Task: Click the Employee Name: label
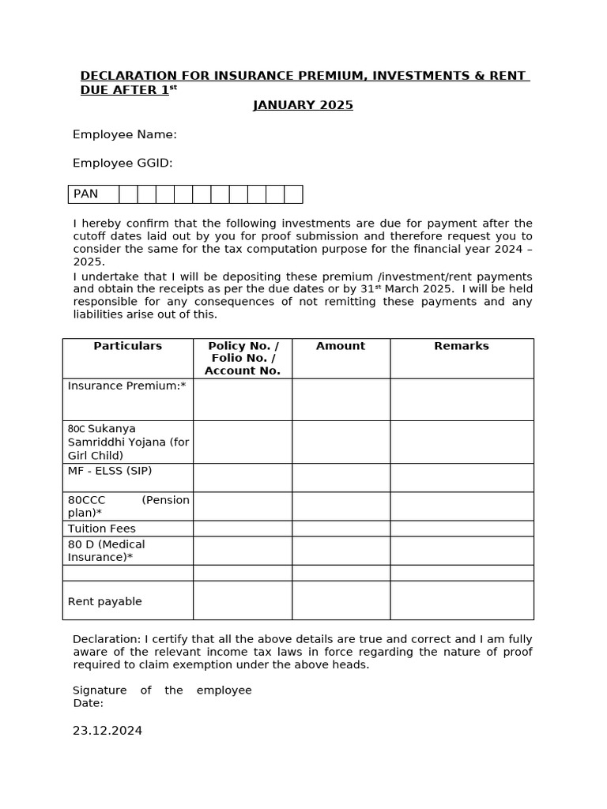coord(124,135)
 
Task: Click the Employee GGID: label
coord(123,164)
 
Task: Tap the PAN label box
coord(93,194)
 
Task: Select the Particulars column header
coord(127,346)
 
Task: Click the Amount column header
coord(341,346)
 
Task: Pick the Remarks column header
coord(462,346)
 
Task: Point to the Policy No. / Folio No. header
coord(243,358)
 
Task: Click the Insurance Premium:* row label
coord(126,386)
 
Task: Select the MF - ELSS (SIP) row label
coord(110,471)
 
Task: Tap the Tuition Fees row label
coord(102,529)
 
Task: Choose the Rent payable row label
coord(105,602)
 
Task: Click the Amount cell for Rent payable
coord(341,600)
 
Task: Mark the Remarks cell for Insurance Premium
coord(462,399)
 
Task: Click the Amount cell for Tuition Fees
coord(341,529)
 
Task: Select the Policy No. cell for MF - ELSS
coord(243,477)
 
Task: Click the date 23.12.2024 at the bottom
coord(107,731)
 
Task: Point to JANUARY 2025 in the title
coord(303,106)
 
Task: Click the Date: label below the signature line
coord(89,703)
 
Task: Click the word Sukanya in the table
coord(111,429)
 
